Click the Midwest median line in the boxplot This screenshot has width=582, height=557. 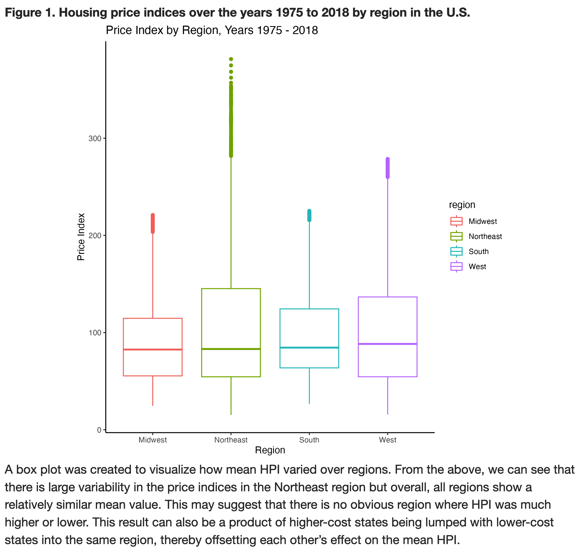coord(153,349)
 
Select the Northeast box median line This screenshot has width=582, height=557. coord(231,349)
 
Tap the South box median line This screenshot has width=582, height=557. coord(309,347)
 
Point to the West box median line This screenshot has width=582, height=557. coord(387,344)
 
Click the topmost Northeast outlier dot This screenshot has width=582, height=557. coord(231,59)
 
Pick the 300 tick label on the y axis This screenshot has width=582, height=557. coord(95,138)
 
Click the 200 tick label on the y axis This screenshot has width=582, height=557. coord(95,236)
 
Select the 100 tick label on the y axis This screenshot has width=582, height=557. coord(95,333)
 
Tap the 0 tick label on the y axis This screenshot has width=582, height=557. coord(99,430)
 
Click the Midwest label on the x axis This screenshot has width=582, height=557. coord(153,440)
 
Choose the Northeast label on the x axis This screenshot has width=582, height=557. coord(231,440)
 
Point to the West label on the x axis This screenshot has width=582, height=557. coord(387,440)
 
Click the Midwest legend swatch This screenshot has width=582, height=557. coord(456,221)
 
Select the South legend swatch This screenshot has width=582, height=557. coord(456,251)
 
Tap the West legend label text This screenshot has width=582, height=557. coord(477,266)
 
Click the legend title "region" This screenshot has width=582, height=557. coord(462,205)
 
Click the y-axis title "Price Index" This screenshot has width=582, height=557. coord(81,237)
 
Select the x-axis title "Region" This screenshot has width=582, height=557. coord(270,450)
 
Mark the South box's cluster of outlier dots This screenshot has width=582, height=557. coord(309,215)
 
